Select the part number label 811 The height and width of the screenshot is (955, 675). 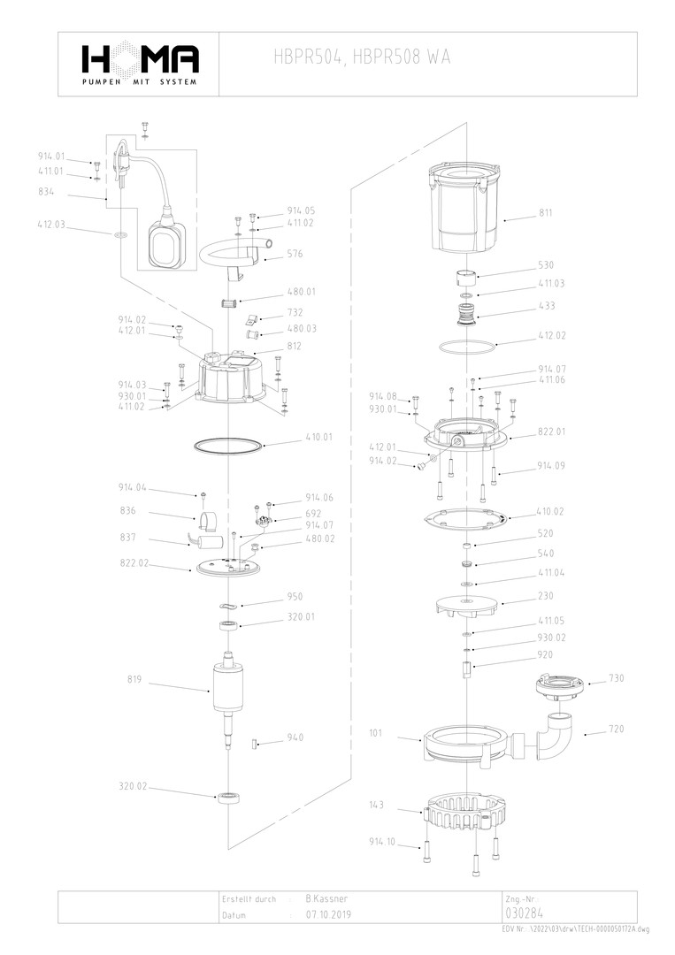546,214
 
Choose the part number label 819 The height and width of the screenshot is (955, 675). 134,681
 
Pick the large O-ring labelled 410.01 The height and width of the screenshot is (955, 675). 228,445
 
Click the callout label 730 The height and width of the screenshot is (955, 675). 617,679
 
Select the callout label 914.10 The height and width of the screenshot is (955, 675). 382,844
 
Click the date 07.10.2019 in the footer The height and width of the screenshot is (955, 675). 329,915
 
